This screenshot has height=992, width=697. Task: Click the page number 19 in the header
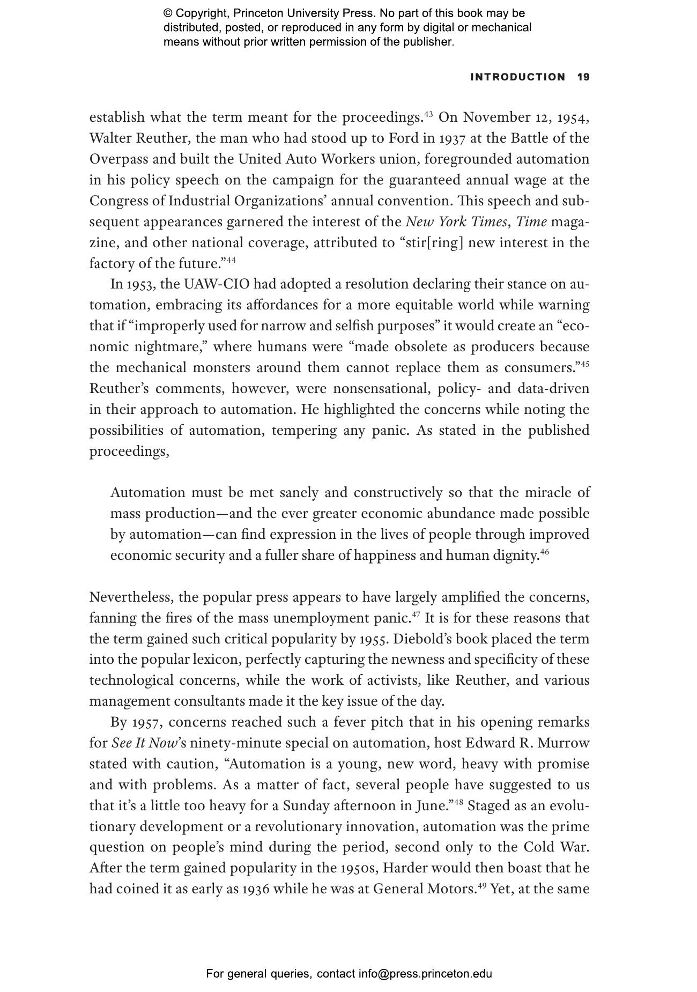583,77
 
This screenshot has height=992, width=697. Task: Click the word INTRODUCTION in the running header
517,77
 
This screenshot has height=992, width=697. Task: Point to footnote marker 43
428,114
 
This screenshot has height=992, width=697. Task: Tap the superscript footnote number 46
544,552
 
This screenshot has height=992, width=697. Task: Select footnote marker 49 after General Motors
482,885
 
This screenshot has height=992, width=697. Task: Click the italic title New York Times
455,222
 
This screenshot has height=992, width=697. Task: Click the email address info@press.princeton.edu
425,974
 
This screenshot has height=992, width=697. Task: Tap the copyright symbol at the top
168,13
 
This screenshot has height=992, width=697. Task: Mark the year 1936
255,889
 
